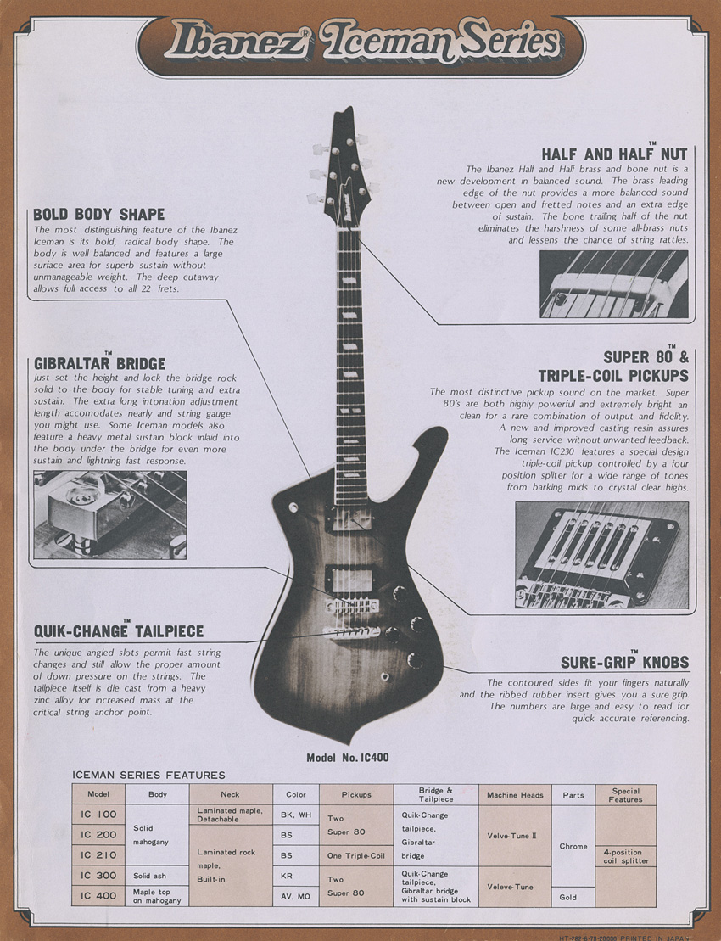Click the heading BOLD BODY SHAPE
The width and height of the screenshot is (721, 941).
tap(99, 214)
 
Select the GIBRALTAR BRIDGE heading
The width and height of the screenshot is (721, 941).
tap(99, 363)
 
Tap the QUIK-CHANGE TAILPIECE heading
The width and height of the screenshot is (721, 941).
tap(118, 632)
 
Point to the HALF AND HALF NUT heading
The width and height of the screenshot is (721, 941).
tap(615, 154)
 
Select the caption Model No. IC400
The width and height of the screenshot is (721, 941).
tap(348, 758)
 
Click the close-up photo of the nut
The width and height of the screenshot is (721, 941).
tap(614, 284)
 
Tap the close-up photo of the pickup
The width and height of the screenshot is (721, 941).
tap(601, 555)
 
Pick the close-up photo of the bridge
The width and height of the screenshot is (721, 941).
tap(109, 514)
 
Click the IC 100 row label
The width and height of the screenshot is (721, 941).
tap(98, 815)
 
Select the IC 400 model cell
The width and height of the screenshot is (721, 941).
tap(98, 896)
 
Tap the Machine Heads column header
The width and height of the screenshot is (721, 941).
tap(515, 795)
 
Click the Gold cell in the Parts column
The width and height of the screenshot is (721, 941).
tap(573, 896)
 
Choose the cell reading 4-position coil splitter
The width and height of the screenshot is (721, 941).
tap(625, 856)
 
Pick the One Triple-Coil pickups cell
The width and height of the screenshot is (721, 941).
tap(356, 856)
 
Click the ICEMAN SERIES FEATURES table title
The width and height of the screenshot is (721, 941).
tap(149, 775)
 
